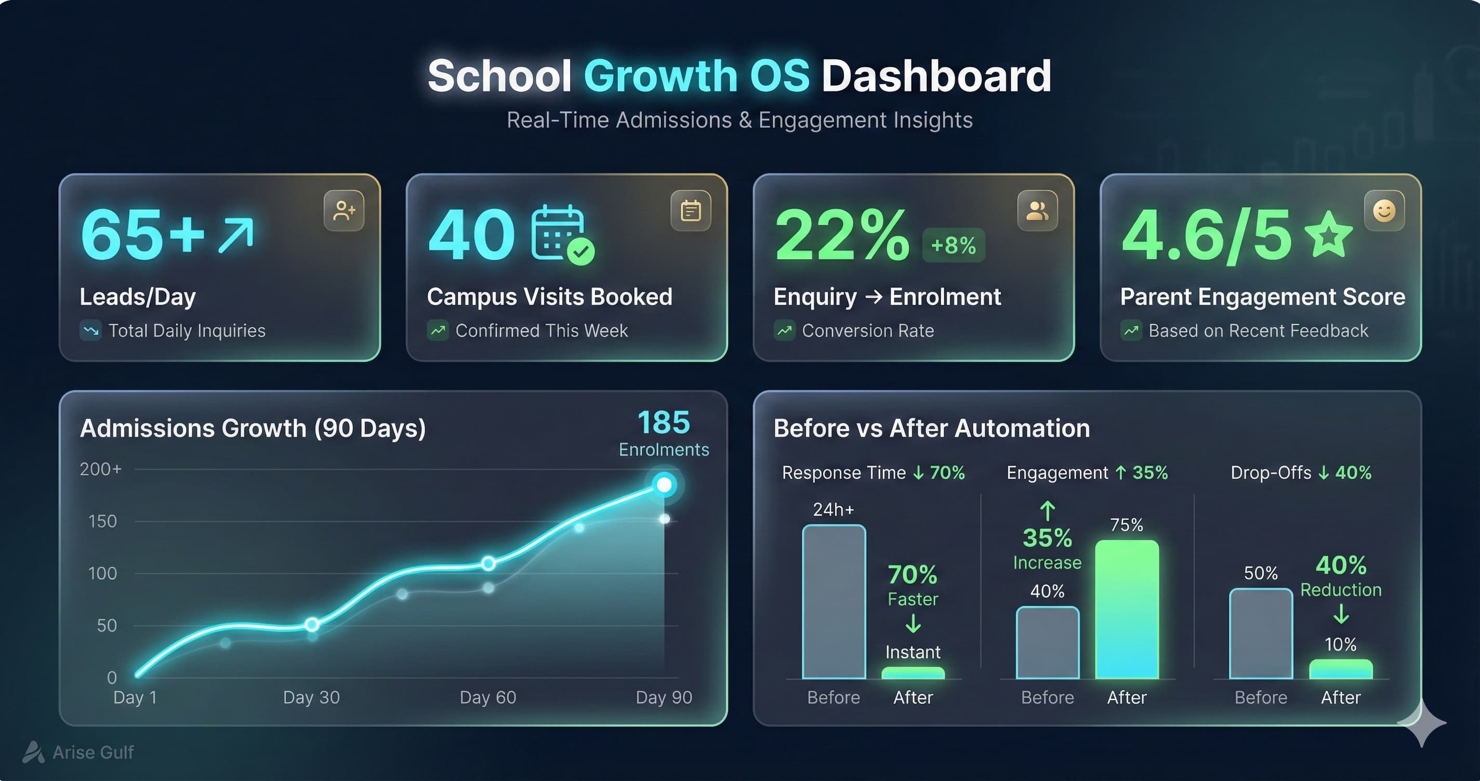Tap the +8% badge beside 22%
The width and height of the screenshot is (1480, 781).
(953, 245)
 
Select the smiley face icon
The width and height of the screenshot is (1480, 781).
(1384, 211)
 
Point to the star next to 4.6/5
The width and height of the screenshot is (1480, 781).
(1328, 234)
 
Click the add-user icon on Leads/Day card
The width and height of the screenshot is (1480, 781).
(343, 211)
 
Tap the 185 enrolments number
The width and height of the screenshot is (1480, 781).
(664, 423)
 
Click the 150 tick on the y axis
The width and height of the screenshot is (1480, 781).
(102, 521)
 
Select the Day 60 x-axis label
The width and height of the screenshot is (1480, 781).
(488, 697)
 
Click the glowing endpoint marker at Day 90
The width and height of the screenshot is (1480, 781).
(664, 484)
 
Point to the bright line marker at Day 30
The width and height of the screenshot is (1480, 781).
(312, 624)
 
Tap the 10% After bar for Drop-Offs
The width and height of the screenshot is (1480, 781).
(1340, 669)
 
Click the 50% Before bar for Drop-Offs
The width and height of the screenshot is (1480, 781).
(1261, 634)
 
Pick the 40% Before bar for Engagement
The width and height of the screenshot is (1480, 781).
(1047, 643)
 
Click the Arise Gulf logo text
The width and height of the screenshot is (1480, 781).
(92, 752)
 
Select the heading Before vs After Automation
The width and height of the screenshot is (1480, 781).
(931, 428)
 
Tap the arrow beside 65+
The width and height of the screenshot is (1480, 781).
(235, 235)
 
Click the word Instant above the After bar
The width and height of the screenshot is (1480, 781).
(913, 652)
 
